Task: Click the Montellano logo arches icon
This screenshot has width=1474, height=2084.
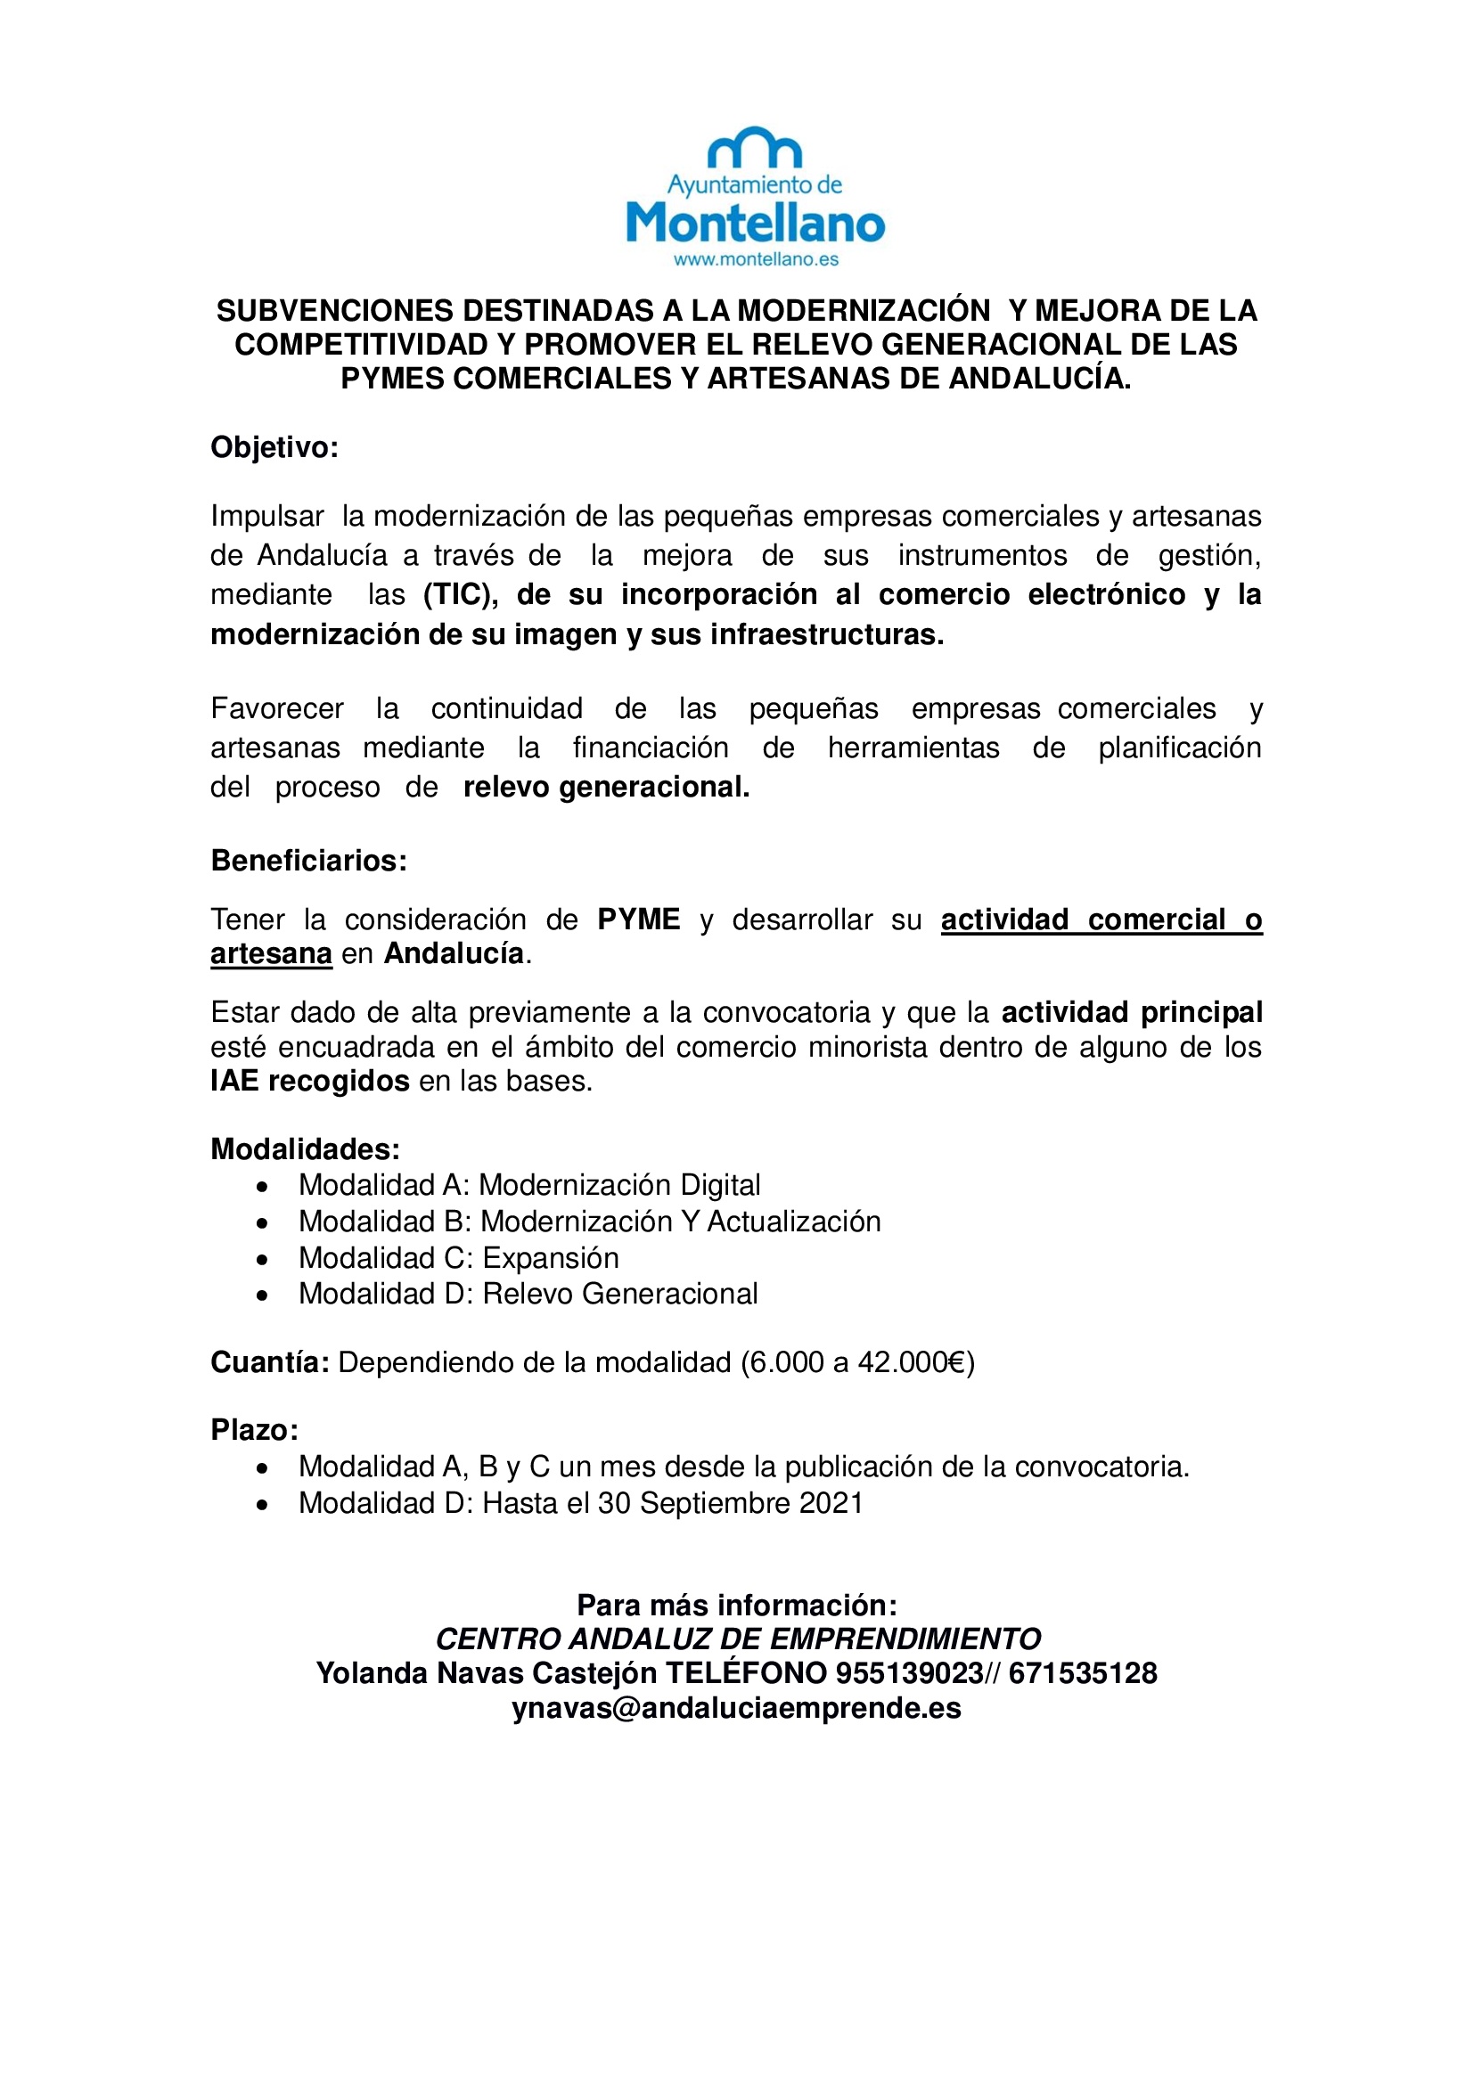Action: tap(754, 149)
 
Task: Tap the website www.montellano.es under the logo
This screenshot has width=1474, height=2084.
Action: tap(755, 259)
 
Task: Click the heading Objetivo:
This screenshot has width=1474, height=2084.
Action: tap(274, 447)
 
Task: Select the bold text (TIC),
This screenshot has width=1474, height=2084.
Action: tap(460, 594)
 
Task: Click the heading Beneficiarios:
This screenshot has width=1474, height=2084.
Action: tap(308, 861)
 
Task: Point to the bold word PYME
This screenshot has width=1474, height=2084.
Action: tap(638, 919)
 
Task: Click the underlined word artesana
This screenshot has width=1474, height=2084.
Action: tap(271, 954)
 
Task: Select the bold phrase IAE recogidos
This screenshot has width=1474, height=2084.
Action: tap(309, 1081)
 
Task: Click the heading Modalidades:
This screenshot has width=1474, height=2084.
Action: tap(305, 1149)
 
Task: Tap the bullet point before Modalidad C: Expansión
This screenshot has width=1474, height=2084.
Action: tap(262, 1260)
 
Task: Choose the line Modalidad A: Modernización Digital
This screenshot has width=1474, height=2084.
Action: tap(529, 1185)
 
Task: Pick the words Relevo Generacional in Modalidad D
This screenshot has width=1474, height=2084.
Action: tap(620, 1294)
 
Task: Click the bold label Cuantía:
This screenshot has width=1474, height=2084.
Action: tap(269, 1362)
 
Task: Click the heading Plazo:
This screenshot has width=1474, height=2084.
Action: tap(254, 1431)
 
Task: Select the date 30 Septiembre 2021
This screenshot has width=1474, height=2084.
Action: tap(730, 1503)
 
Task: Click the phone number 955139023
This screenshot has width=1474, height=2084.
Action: tap(910, 1673)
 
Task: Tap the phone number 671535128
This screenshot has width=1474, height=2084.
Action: tap(1082, 1673)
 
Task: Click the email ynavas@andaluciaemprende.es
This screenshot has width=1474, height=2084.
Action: tap(736, 1708)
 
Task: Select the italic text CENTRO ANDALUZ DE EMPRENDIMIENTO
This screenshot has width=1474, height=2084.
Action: tap(738, 1639)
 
